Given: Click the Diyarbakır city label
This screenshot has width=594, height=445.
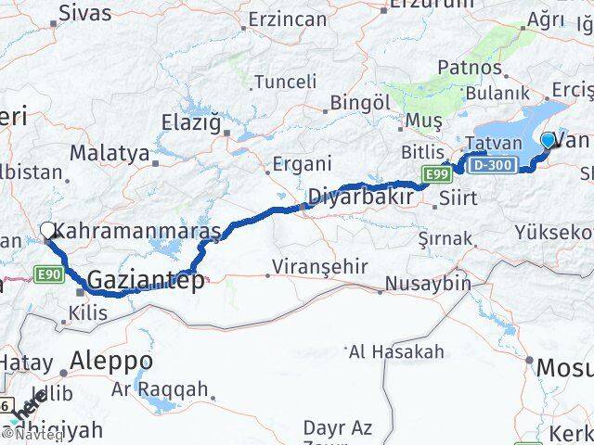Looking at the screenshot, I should [x=359, y=197].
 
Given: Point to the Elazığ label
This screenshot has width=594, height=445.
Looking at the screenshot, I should [x=195, y=121].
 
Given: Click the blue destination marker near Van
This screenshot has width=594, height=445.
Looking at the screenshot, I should [x=548, y=141].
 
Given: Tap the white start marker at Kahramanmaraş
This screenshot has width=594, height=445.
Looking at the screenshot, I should [x=47, y=229].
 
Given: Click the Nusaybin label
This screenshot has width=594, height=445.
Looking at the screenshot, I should [x=428, y=283].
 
